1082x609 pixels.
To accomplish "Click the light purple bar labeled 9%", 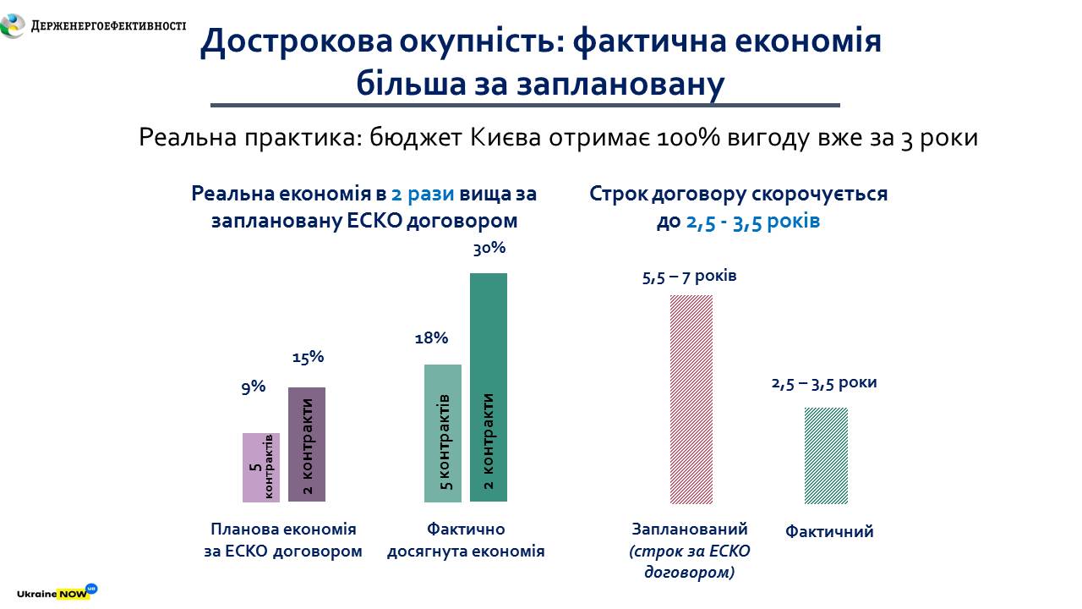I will [x=260, y=467].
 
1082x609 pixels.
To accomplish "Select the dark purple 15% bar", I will [x=306, y=444].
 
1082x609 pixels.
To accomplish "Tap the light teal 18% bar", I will [x=442, y=432].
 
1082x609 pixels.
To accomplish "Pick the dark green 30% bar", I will [x=488, y=387].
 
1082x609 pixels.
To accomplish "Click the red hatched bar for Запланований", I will [x=691, y=398].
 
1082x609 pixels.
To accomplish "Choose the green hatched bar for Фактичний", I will [x=826, y=455].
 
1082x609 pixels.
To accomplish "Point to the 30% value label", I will [x=489, y=249].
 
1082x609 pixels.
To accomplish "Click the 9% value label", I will [x=254, y=387].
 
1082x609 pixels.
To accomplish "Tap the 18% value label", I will [x=431, y=338].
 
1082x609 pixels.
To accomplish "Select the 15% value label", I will [x=308, y=357].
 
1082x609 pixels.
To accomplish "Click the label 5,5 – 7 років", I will [x=690, y=277].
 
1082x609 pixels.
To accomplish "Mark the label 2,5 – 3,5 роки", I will [x=824, y=382].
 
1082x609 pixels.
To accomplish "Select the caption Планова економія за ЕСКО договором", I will [x=283, y=540].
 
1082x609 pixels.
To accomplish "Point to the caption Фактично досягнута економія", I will [x=466, y=540].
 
